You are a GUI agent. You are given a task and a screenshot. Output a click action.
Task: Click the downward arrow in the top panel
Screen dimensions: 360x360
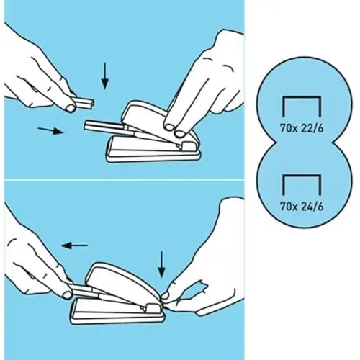point(104,76)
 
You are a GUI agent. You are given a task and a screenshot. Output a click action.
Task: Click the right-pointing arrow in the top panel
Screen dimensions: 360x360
point(50,130)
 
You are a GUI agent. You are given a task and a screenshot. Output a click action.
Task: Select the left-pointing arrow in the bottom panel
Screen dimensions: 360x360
point(74,246)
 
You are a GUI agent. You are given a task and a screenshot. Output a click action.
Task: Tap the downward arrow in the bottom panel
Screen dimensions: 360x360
point(162,264)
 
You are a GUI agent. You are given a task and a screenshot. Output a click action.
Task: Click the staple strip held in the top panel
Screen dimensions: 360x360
point(85,102)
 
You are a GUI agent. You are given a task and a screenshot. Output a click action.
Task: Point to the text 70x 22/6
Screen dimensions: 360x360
point(302,128)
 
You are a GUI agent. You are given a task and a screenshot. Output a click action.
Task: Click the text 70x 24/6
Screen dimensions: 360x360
point(302,207)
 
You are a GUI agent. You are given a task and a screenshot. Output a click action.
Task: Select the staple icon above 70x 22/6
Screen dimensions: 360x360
point(302,107)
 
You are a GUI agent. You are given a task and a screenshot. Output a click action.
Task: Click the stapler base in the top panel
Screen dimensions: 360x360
point(153,150)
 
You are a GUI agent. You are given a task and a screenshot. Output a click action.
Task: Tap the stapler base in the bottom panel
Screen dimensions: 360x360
point(117,311)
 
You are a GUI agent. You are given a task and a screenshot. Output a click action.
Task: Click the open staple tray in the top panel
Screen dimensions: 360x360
point(106,128)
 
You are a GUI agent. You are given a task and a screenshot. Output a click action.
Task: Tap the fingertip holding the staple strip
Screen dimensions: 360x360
point(71,108)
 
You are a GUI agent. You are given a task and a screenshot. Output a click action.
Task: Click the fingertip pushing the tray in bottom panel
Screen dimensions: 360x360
point(67,294)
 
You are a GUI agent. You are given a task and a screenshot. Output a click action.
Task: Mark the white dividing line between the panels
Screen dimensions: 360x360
point(125,179)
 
